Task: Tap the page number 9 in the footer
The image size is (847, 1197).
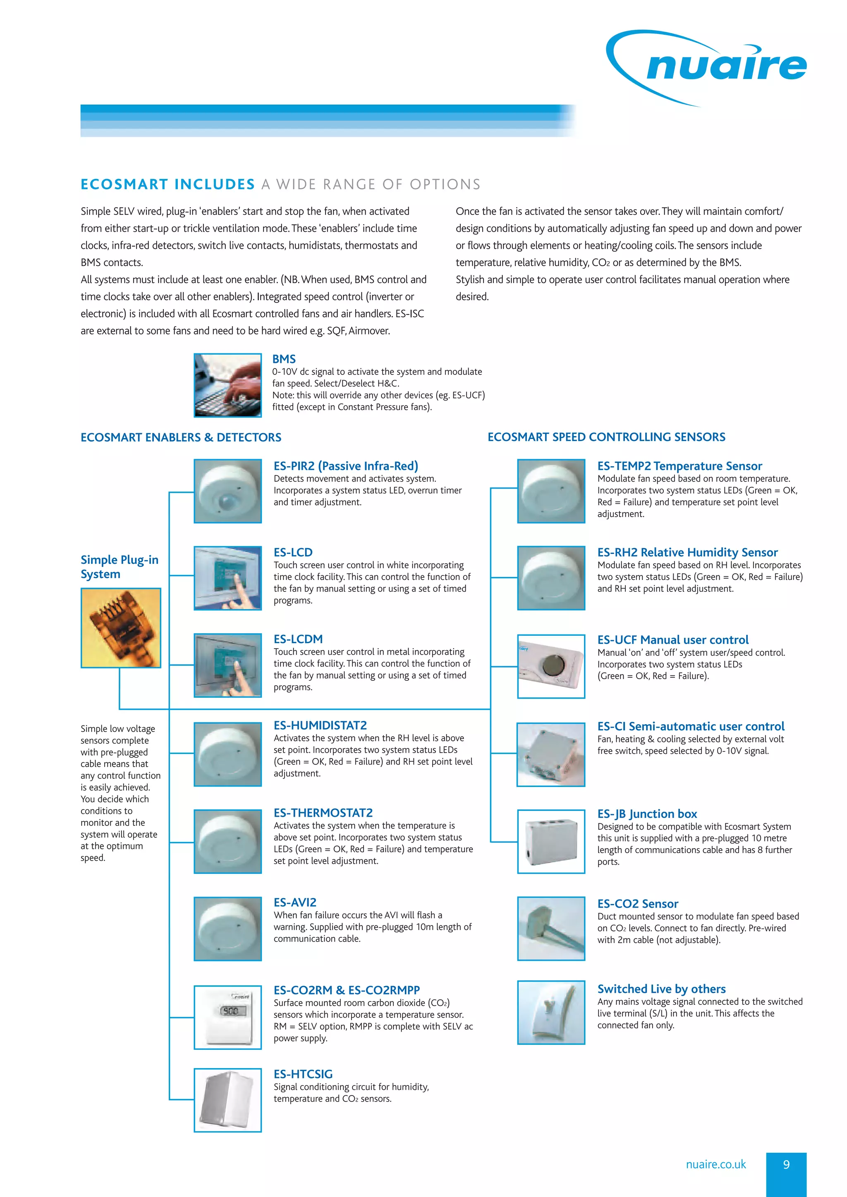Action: click(786, 1165)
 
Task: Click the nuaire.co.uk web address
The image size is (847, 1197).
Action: click(715, 1165)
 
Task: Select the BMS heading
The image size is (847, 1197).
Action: click(284, 359)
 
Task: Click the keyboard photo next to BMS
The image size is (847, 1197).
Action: click(227, 385)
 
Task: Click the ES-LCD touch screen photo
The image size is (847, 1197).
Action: click(227, 578)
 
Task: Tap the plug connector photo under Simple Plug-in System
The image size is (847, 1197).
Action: click(120, 628)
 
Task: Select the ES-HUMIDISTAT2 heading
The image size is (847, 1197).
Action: click(320, 726)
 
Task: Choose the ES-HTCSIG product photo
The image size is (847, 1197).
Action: click(227, 1100)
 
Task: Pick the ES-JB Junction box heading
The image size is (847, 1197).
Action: click(647, 814)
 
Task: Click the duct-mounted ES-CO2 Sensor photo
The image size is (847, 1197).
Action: click(551, 928)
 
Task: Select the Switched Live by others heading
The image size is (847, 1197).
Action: click(661, 989)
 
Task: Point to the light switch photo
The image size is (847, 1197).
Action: click(551, 1012)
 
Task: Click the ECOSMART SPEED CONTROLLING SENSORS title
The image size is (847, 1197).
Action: click(606, 437)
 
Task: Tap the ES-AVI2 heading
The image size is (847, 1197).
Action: click(295, 902)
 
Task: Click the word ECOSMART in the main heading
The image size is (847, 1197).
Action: click(124, 185)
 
